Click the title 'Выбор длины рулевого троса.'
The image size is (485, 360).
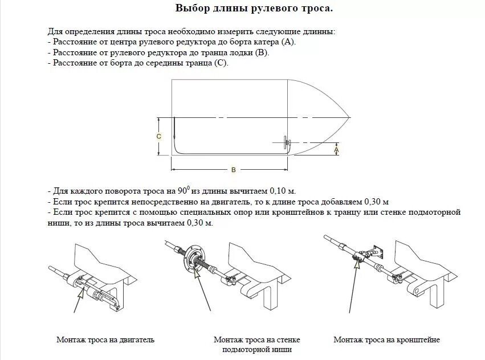(254, 9)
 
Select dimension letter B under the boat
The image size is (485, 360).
(234, 169)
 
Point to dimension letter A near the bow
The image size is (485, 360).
(336, 149)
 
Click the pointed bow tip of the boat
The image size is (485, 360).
(350, 118)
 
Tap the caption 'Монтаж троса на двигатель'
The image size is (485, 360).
(105, 340)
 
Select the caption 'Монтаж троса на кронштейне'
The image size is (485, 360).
(386, 340)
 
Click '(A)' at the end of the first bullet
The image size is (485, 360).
(289, 42)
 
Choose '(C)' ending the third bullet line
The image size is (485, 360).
(221, 63)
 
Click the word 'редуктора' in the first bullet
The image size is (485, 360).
(198, 42)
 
